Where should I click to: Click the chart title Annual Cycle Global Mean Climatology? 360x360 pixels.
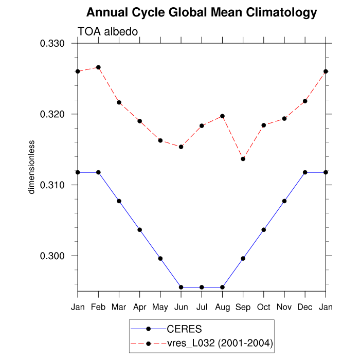pos(202,12)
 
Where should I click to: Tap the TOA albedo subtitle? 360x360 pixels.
pos(107,32)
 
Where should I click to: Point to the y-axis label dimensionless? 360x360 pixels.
pos(31,166)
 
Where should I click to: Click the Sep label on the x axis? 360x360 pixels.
pos(243,307)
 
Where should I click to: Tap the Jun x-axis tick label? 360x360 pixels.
pos(181,307)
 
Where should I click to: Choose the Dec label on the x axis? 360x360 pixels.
pos(305,307)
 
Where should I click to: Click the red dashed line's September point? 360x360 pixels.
pos(243,159)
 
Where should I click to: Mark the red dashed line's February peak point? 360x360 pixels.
pos(98,67)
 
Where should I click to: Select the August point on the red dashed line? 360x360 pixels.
pos(222,116)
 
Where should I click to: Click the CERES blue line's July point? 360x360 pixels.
pos(202,287)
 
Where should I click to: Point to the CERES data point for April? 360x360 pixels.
pos(140,230)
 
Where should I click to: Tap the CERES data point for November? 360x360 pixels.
pos(284,201)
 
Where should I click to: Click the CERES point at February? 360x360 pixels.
pos(98,172)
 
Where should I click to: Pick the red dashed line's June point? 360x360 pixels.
pos(181,147)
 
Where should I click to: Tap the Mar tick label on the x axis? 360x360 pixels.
pos(119,307)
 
